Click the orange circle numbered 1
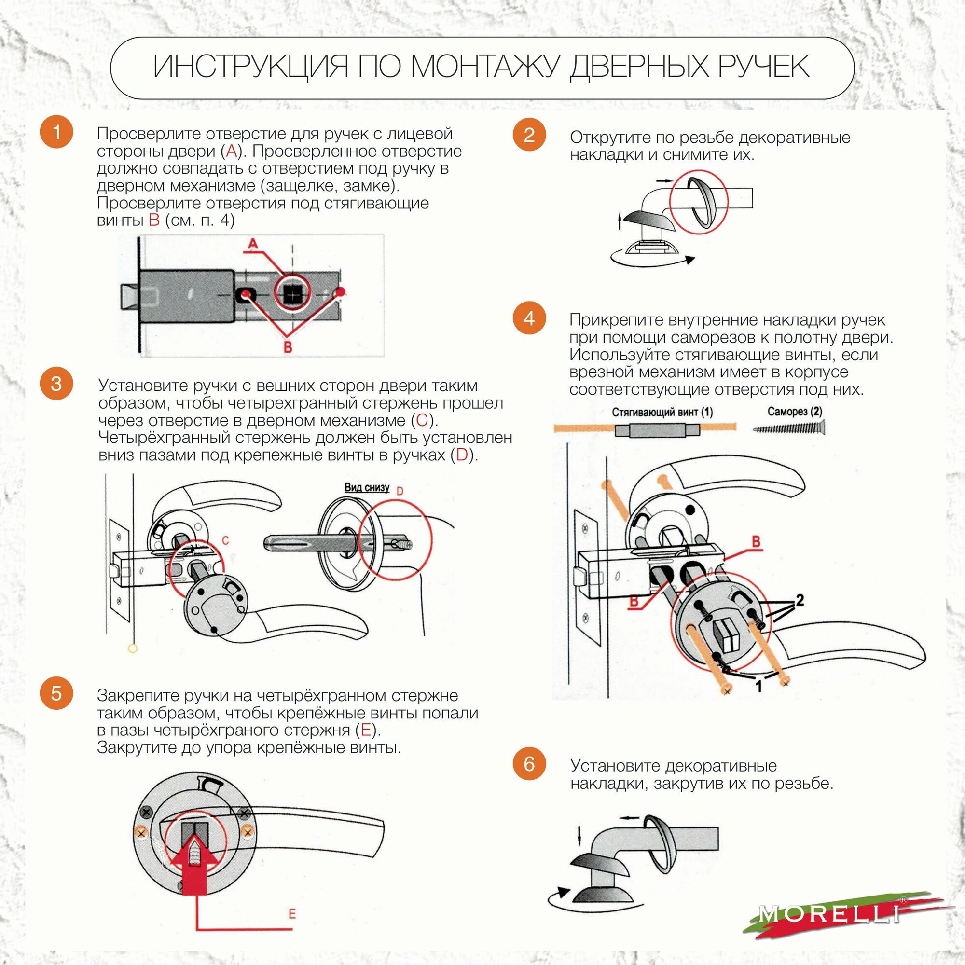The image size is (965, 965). point(56,132)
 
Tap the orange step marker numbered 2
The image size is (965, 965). point(529,134)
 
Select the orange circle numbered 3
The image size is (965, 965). point(56,384)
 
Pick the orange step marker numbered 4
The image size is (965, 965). point(529,318)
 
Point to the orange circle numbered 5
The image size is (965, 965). point(56,693)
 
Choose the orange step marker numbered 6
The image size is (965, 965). point(529,763)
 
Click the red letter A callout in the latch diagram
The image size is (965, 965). point(253,244)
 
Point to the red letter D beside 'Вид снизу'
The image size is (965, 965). point(400,492)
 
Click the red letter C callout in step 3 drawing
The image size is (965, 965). point(225,540)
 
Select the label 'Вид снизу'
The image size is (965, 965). point(367,487)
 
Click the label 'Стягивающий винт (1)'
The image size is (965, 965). point(662,412)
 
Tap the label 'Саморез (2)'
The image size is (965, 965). point(795,412)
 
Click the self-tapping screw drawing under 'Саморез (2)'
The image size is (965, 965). point(789,428)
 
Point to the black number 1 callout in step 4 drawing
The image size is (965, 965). point(758,686)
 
